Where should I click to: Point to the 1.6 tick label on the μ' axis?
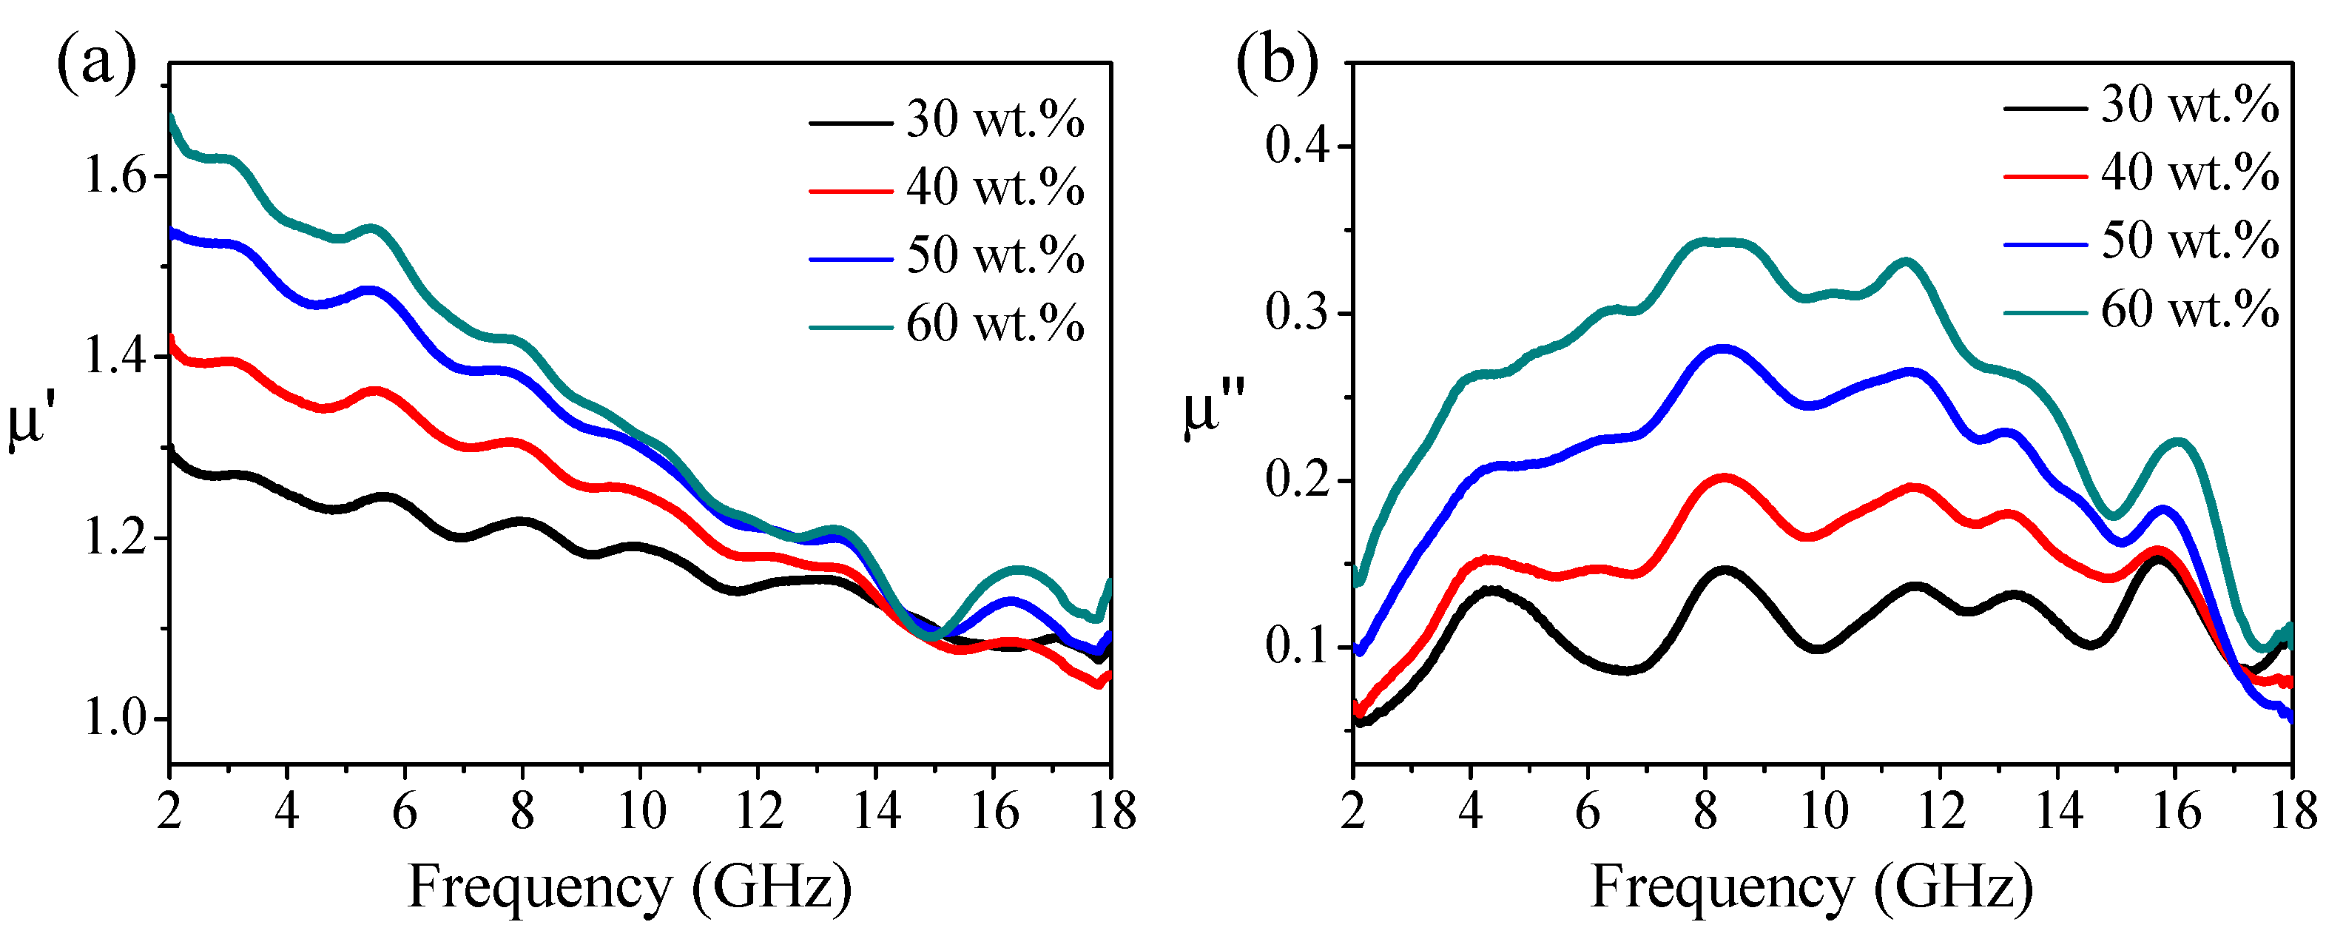pos(115,176)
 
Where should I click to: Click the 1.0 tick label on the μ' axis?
pos(115,719)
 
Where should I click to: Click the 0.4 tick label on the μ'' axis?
pos(1298,147)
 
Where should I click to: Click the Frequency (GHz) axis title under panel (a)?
pos(630,886)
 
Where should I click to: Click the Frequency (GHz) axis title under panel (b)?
pos(1811,886)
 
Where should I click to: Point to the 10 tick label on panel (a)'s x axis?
pos(640,810)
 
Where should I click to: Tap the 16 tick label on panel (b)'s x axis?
pos(2175,810)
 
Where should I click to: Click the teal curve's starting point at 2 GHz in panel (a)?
pos(172,118)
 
